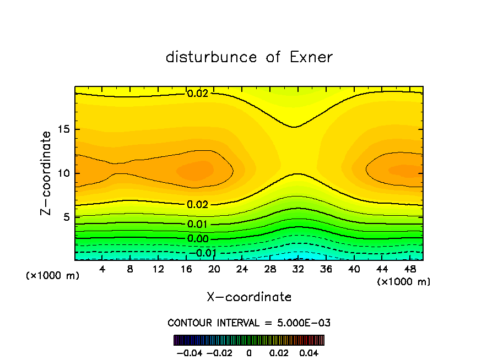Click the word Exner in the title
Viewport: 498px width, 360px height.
[x=311, y=57]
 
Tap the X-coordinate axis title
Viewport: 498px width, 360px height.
[x=249, y=297]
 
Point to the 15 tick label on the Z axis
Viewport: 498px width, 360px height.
[x=62, y=130]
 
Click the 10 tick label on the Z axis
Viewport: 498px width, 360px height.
[x=62, y=173]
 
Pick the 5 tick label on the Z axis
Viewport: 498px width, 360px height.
[x=65, y=217]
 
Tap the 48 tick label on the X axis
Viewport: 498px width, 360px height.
[x=410, y=269]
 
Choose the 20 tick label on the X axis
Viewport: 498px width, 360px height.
[x=214, y=269]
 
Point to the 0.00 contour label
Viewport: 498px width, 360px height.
[x=198, y=238]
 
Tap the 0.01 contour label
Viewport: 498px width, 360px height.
[x=198, y=224]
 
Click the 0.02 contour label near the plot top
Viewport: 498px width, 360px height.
[x=198, y=94]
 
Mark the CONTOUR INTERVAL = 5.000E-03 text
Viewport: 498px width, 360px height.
[x=249, y=323]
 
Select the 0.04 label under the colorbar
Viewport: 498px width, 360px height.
[x=308, y=352]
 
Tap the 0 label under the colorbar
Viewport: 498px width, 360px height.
[x=249, y=352]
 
